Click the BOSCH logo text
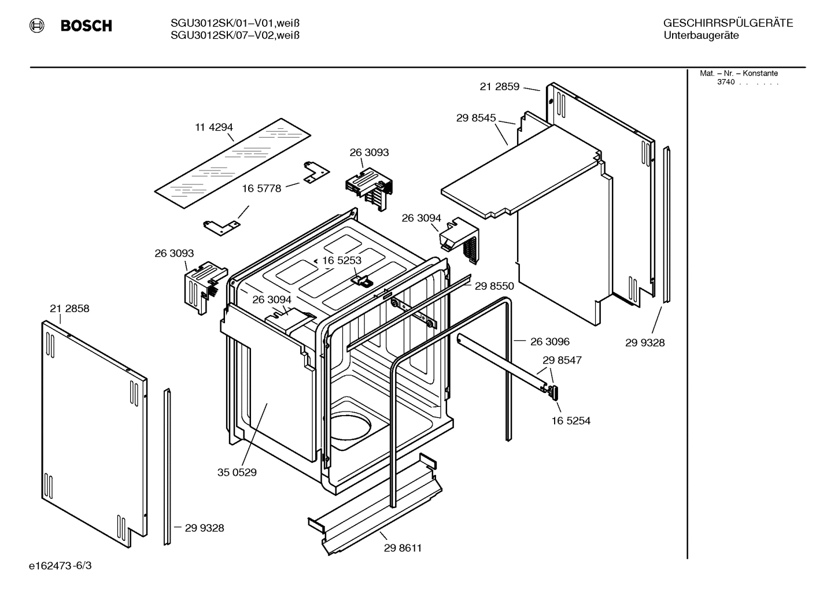point(86,26)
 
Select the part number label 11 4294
point(213,127)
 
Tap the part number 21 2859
point(500,87)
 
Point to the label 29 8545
point(476,118)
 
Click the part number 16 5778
point(261,188)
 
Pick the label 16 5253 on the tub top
point(342,261)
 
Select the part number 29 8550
point(495,286)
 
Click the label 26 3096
point(550,342)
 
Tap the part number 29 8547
point(562,360)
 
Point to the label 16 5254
point(571,421)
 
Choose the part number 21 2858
point(69,309)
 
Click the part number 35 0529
point(237,472)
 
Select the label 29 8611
point(403,548)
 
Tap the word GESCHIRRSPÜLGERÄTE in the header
point(728,24)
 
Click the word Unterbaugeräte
point(701,36)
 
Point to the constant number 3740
point(726,82)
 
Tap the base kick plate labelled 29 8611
point(376,503)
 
